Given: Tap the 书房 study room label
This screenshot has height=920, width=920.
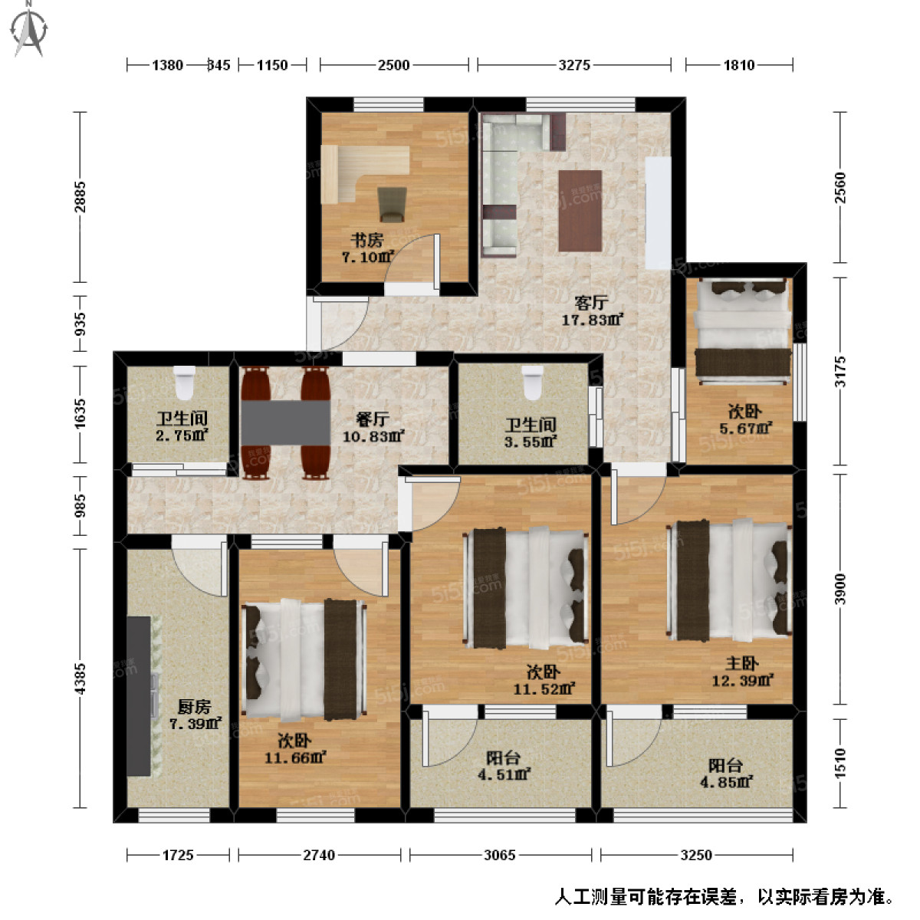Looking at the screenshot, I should [x=366, y=241].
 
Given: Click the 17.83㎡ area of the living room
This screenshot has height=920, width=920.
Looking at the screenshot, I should [x=592, y=319].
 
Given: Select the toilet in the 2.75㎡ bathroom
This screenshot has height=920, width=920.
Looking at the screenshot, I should [x=184, y=383].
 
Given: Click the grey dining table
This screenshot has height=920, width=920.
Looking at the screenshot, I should [x=285, y=422].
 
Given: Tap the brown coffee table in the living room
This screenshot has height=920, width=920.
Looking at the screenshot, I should [x=580, y=210].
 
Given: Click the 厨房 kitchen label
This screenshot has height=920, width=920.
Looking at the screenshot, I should [x=193, y=706].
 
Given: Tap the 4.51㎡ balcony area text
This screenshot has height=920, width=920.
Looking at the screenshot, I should [x=503, y=774].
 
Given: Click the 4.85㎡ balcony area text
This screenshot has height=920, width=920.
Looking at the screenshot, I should [x=725, y=782].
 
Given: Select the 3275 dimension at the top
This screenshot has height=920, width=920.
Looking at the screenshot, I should [x=574, y=65].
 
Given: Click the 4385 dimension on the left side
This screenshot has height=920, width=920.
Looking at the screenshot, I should [x=80, y=678].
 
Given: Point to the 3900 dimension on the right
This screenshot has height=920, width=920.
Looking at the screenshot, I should [x=840, y=589].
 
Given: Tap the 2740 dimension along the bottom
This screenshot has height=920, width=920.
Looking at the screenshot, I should [x=319, y=854].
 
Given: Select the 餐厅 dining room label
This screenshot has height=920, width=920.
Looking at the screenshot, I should [x=372, y=419].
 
